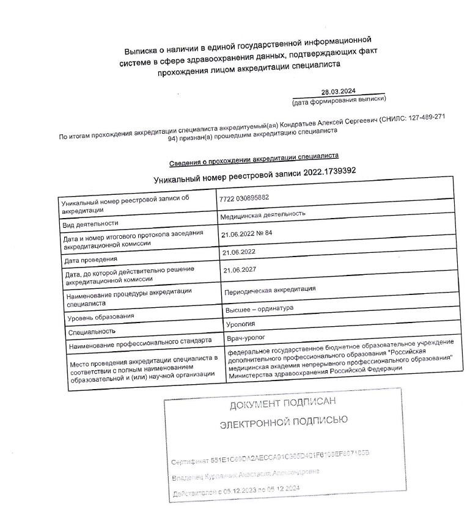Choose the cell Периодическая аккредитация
click(x=270, y=289)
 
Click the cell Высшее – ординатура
click(x=260, y=309)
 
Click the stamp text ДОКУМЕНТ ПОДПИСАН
click(x=282, y=403)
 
